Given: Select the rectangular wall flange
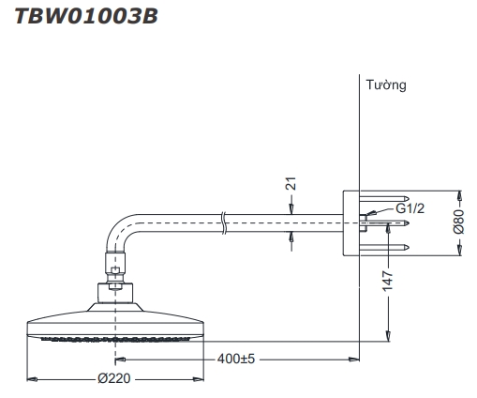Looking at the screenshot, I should [352, 222].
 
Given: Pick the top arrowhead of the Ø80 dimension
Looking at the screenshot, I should [458, 195].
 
